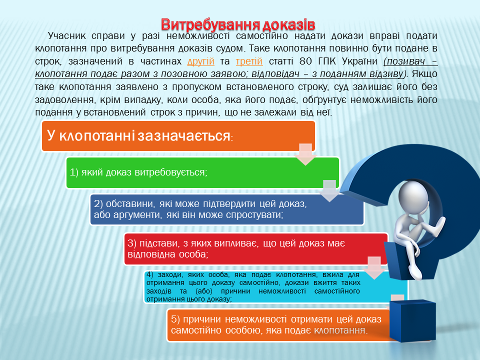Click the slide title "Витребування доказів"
tap(238, 24)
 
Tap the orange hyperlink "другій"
tap(201, 61)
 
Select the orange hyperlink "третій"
tap(249, 61)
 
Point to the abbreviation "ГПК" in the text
tap(327, 61)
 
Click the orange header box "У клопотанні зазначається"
tap(178, 136)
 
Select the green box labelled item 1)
tap(202, 172)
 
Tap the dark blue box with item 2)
tap(227, 209)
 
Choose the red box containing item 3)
tap(256, 249)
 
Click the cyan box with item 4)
tap(275, 287)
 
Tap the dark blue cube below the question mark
tap(412, 320)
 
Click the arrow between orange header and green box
tap(305, 154)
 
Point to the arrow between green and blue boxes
tap(329, 190)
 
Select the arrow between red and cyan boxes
tap(374, 268)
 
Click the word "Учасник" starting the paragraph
tap(65, 36)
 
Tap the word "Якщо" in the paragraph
tap(424, 74)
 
